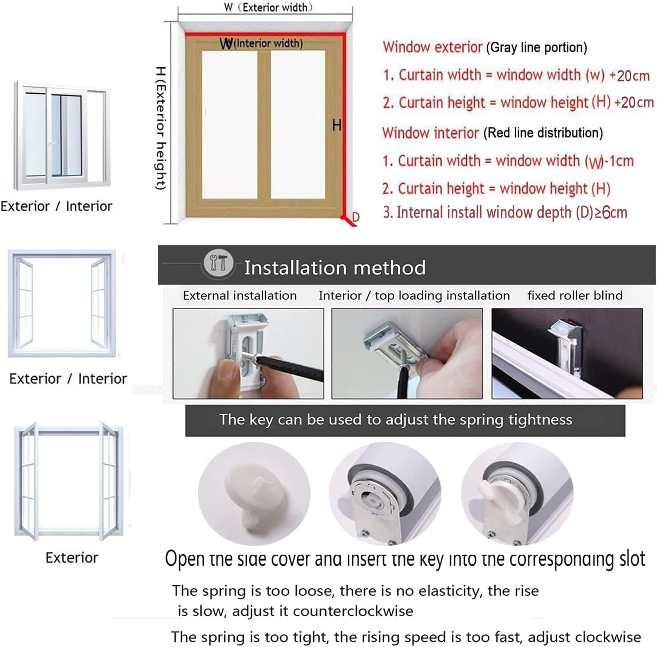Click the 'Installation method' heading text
(335, 268)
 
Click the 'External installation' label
(240, 296)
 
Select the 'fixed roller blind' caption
(575, 296)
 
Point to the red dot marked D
(344, 218)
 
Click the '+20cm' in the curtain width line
(629, 76)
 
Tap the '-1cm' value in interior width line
(617, 161)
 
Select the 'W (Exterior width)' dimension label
(268, 7)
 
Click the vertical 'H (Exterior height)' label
(161, 128)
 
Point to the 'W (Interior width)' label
(261, 44)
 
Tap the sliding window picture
(61, 136)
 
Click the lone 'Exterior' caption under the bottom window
(72, 558)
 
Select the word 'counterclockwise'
(353, 611)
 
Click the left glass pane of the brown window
(230, 125)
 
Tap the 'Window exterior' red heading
(433, 47)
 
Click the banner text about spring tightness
(396, 420)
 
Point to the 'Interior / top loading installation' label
(414, 296)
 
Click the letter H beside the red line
(337, 126)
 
